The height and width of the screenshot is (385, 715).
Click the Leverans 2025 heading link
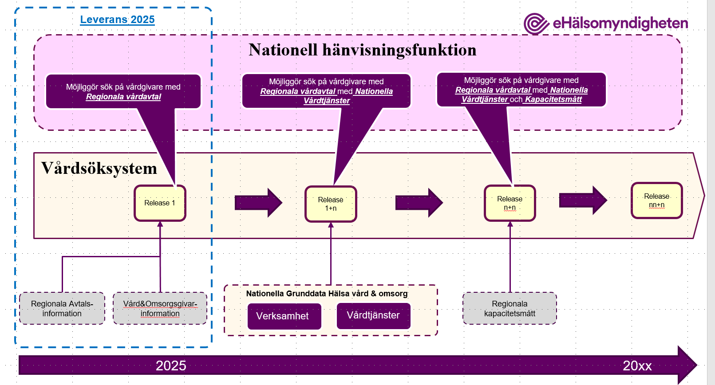117,20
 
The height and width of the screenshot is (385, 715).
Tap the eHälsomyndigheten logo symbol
536,24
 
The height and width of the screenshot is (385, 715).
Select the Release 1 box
160,203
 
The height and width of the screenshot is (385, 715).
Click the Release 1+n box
331,204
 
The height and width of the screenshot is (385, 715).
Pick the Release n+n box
510,203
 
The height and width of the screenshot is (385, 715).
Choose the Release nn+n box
656,200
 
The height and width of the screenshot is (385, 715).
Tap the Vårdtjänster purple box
373,316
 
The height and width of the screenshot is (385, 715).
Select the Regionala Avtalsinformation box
62,309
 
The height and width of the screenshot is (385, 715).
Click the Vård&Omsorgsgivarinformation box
160,309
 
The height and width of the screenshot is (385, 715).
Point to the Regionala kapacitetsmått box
510,309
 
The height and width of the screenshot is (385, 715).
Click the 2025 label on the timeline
171,366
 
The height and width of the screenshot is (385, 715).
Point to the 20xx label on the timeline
637,366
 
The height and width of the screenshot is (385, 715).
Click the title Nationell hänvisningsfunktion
362,50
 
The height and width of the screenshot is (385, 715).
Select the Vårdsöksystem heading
99,169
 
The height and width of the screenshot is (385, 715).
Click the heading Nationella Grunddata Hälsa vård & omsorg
327,294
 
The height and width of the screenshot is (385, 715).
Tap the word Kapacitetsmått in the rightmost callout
553,99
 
